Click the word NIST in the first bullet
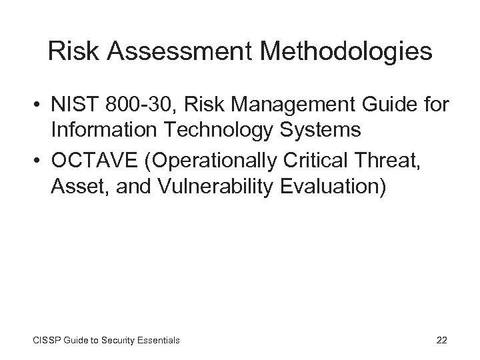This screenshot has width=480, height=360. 72,105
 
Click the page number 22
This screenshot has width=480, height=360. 441,340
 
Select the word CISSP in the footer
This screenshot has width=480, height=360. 47,340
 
